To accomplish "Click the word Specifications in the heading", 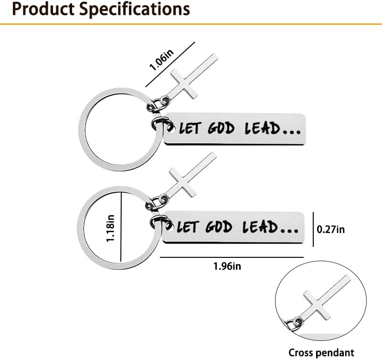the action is coord(135,10).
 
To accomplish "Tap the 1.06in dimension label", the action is coord(161,60).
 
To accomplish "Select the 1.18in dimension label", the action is coord(110,228).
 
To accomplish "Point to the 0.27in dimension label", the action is coord(330,230).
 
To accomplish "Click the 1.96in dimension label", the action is coord(227,266).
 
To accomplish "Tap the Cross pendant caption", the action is coord(321,352).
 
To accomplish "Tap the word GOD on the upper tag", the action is coord(221,128).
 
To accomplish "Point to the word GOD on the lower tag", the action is coord(219,227).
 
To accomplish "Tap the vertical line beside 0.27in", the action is coord(313,229).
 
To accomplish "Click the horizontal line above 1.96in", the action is coord(232,257).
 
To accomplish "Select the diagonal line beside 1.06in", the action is coord(170,64).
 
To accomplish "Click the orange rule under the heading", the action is coord(191,24).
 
